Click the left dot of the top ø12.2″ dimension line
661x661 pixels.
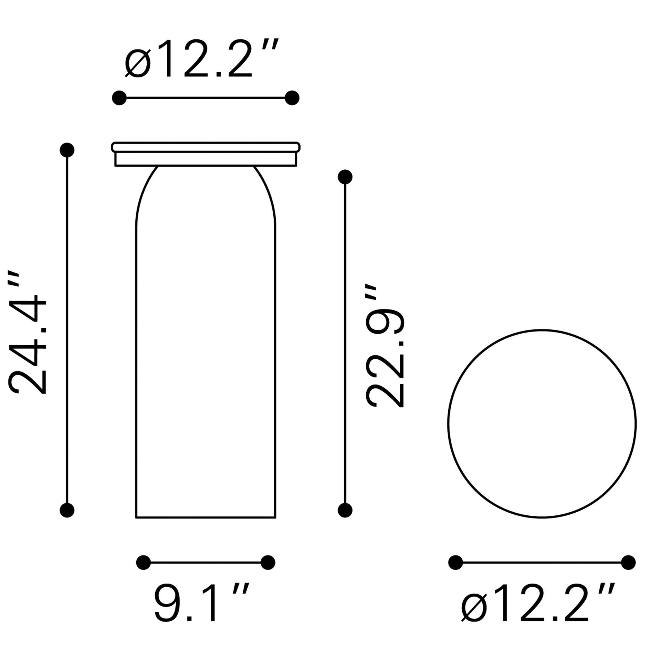[119, 98]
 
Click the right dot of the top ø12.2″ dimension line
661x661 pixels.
[292, 98]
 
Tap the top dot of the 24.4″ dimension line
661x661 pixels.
[67, 150]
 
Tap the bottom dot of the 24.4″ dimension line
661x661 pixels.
[67, 510]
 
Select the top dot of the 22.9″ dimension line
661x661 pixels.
[345, 177]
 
